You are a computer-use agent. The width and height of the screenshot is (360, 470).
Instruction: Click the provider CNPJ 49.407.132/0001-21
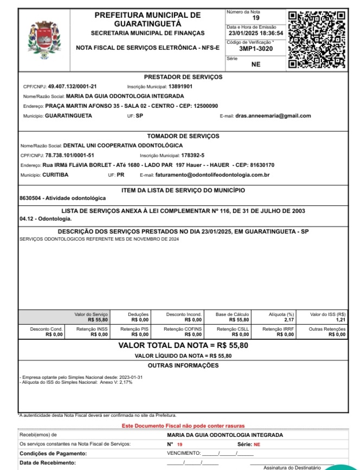(73, 86)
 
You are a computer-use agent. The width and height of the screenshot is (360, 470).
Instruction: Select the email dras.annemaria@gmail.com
(273, 115)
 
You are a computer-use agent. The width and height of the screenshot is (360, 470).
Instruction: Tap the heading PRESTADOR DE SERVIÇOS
(183, 77)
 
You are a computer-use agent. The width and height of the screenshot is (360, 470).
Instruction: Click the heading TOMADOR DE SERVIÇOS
(183, 136)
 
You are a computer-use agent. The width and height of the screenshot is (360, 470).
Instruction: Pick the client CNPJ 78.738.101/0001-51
(70, 155)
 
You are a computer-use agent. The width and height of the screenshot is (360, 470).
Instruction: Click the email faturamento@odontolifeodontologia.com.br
(213, 175)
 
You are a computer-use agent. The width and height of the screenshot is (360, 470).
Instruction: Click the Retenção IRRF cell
(279, 332)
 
